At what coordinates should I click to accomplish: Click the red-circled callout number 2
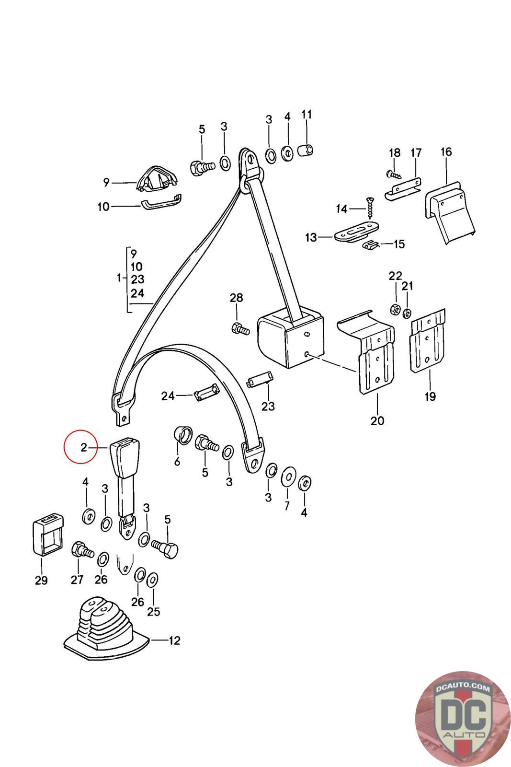(83, 447)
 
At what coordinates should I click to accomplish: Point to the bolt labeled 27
(82, 551)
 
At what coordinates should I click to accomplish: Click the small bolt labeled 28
(240, 328)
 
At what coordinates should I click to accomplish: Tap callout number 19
(430, 396)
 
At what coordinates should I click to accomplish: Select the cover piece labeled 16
(450, 212)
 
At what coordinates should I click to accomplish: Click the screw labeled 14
(370, 208)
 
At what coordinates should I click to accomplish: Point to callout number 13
(311, 237)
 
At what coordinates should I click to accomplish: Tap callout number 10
(103, 207)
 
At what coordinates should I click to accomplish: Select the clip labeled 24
(207, 391)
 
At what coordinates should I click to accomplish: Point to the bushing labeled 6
(183, 435)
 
